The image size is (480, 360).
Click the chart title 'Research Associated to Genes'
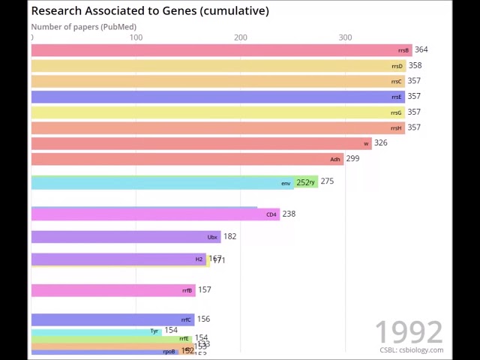150,10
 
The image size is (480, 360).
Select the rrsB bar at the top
221,50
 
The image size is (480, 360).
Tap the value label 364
421,49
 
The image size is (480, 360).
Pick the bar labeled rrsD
218,66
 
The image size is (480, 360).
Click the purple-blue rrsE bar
217,97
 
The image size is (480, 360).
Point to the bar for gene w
201,143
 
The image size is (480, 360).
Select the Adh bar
187,159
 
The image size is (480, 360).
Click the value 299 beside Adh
352,158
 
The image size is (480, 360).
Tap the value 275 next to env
327,181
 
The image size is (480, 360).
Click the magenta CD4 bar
155,214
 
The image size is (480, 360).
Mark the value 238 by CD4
289,214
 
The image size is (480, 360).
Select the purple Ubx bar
126,237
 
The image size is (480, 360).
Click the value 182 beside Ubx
229,236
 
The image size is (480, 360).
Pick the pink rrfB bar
112,290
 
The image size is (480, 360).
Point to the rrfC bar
112,320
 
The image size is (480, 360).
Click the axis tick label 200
240,37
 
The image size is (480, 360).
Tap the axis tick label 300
345,37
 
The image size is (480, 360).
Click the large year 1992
409,332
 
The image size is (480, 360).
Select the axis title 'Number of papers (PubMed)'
83,27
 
